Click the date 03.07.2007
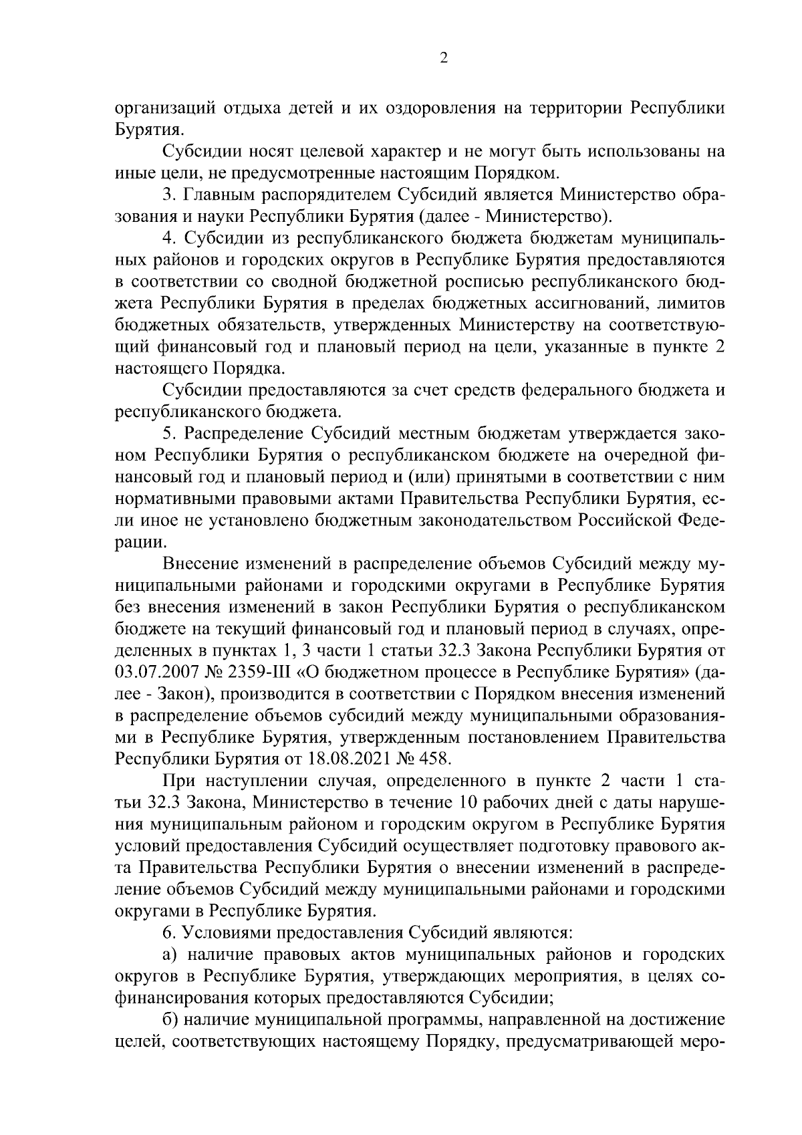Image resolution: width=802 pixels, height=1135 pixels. point(155,671)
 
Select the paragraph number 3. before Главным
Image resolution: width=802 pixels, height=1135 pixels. point(168,195)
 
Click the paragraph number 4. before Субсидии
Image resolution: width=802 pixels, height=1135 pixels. point(168,239)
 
